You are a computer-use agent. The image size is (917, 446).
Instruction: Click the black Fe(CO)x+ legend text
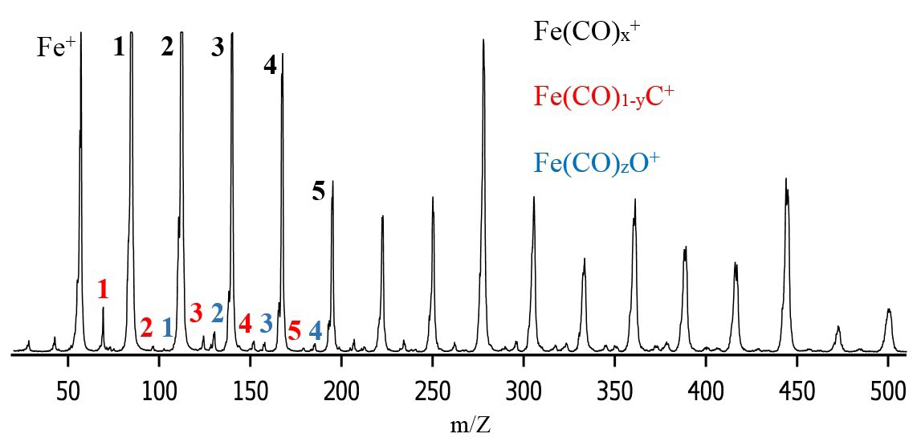pos(586,33)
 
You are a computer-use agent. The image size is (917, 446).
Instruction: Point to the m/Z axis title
pos(471,423)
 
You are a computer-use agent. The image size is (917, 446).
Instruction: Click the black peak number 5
pos(319,192)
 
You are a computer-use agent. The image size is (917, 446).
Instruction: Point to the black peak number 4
pos(270,66)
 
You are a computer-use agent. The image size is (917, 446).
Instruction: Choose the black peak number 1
pos(119,47)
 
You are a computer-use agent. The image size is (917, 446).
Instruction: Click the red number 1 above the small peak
pos(102,289)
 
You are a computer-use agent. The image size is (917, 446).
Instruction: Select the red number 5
pos(294,330)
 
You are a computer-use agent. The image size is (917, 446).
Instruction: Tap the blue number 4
pos(316,330)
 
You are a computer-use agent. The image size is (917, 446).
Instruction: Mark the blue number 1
pos(167,328)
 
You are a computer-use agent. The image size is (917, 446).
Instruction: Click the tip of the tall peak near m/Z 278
pos(483,40)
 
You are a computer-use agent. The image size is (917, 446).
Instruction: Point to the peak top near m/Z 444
pos(786,179)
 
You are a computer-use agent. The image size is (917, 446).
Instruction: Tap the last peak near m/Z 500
pos(888,309)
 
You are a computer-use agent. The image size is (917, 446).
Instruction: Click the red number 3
pos(196,313)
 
